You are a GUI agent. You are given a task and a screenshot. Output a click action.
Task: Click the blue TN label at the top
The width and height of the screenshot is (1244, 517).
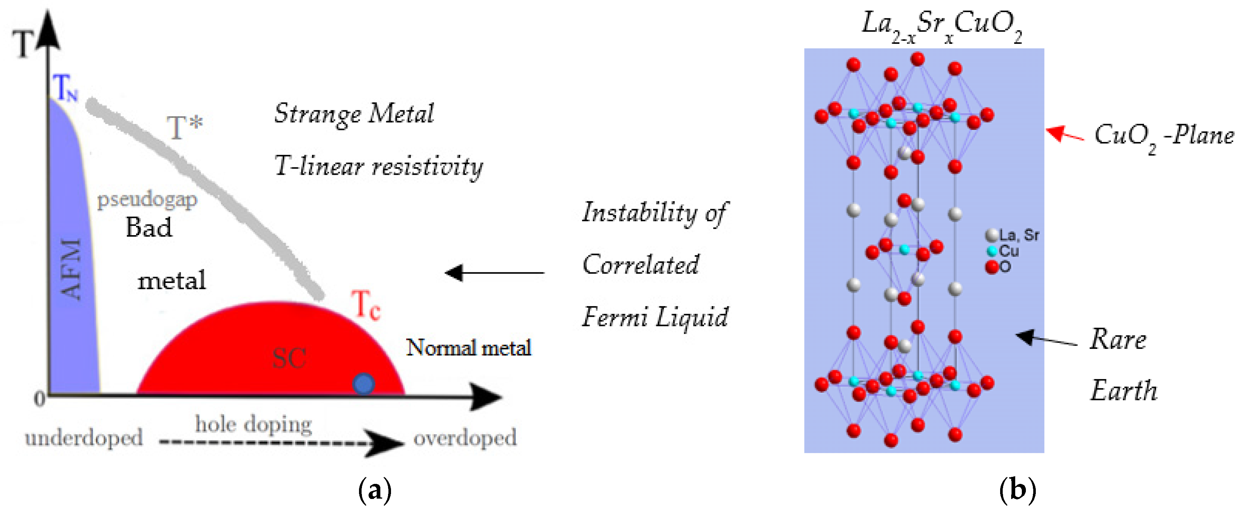(66, 88)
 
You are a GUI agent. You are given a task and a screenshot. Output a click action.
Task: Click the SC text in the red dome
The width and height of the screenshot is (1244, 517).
(289, 358)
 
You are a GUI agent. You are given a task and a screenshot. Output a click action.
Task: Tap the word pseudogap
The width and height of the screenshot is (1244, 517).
(147, 199)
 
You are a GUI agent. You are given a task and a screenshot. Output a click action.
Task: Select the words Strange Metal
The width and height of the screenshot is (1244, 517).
(354, 114)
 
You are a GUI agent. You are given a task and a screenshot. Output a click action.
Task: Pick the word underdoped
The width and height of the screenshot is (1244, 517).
(84, 438)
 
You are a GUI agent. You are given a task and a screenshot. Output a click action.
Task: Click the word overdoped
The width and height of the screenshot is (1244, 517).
(465, 438)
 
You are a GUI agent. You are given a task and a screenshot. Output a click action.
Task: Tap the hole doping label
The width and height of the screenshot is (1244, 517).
(253, 424)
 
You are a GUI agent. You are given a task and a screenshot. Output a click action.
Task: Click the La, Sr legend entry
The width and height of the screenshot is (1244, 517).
(1013, 235)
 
